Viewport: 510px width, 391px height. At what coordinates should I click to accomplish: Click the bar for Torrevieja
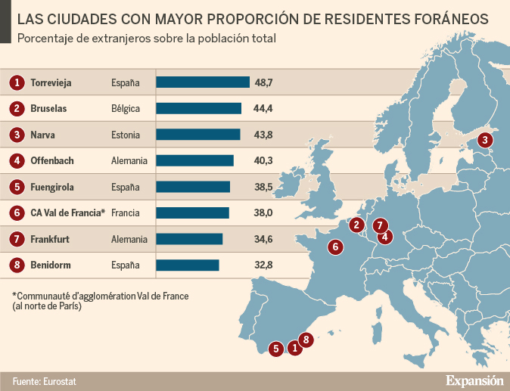point(202,82)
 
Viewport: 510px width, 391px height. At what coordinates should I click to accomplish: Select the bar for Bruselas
point(198,108)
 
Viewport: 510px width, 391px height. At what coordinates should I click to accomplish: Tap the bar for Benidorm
point(187,265)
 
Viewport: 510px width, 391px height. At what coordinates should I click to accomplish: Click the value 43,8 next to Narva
point(263,135)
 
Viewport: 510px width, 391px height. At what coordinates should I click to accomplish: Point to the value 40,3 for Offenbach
point(263,160)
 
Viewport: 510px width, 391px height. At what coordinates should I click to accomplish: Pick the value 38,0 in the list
point(263,213)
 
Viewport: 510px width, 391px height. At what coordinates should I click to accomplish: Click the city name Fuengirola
point(53,187)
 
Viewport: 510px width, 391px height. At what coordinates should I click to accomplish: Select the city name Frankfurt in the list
point(50,239)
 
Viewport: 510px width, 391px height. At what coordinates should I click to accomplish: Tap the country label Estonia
point(126,135)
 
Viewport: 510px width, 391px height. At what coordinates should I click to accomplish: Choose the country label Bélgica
point(126,108)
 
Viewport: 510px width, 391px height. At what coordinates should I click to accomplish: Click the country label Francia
point(126,213)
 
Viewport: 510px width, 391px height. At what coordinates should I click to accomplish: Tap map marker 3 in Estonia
point(485,139)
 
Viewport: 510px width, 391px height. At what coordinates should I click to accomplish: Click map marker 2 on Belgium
point(356,225)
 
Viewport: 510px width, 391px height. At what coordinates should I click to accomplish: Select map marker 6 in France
point(335,246)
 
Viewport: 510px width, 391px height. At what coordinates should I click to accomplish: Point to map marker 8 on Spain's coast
point(306,340)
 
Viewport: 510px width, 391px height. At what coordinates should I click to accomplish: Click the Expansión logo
point(474,380)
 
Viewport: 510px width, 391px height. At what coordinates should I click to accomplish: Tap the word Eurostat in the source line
point(61,380)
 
